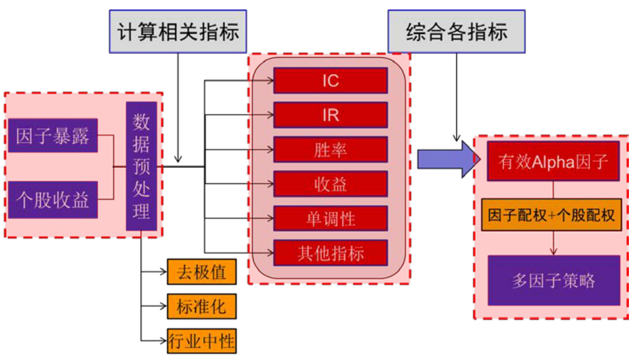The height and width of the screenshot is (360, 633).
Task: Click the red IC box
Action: coord(330,80)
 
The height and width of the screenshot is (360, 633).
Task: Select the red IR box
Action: coord(330,115)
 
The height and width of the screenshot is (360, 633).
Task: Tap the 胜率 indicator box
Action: coord(330,150)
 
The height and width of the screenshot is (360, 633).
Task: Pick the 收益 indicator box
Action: coord(330,184)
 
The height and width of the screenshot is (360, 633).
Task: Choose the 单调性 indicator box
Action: coord(330,218)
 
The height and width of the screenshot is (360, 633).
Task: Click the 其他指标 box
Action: coord(330,253)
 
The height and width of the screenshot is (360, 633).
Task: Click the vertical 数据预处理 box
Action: coord(141,166)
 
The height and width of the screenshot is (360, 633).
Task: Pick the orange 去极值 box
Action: coord(202,272)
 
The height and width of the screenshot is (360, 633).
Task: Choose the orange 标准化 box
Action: coord(202,306)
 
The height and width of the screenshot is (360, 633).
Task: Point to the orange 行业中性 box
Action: coord(202,340)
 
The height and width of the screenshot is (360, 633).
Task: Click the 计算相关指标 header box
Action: coord(178,31)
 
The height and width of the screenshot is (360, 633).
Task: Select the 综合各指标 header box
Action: coord(456,31)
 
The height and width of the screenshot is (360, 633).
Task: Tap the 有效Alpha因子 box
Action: coord(553,161)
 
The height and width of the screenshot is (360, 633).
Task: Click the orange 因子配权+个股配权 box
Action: coord(553,215)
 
